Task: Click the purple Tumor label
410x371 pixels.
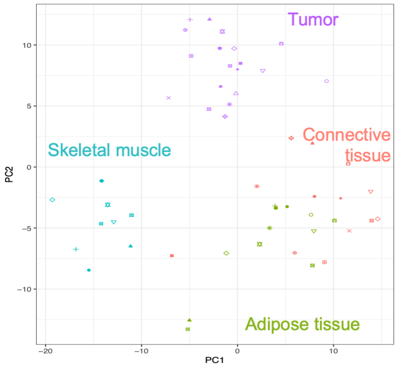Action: (313, 20)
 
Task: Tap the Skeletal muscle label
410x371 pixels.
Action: (109, 150)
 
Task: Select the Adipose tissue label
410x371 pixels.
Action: (302, 324)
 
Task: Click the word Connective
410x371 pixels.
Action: (346, 135)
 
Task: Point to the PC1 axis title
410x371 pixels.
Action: (215, 360)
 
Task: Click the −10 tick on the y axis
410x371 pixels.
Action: (23, 289)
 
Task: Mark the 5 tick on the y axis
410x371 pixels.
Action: (28, 106)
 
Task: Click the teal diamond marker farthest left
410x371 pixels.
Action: (52, 199)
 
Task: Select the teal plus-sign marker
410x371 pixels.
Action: (76, 249)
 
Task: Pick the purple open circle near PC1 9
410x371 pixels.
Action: (327, 81)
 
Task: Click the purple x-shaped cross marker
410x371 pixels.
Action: (168, 98)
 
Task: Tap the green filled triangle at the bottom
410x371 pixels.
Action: (190, 319)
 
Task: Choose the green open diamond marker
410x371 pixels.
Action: (226, 253)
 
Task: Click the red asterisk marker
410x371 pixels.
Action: (257, 186)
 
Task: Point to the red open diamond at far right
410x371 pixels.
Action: (378, 219)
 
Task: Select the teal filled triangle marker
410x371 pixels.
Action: (130, 246)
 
